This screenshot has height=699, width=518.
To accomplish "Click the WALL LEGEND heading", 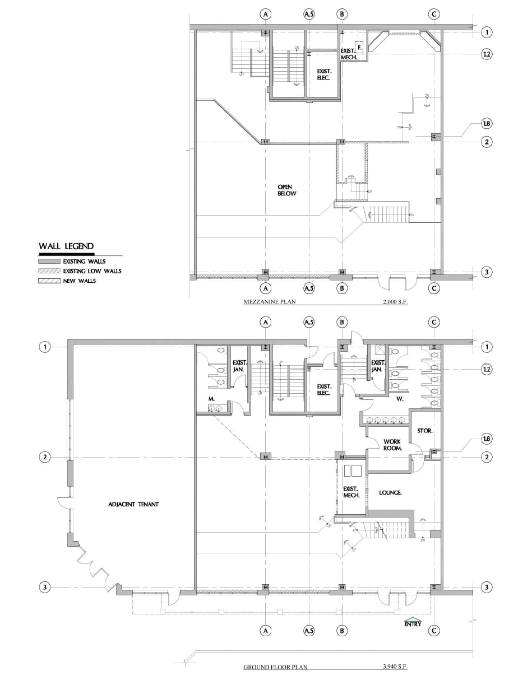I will coord(66,246).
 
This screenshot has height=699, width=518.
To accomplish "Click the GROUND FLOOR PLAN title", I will coord(275,667).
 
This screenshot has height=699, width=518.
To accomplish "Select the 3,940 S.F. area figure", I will coord(394,667).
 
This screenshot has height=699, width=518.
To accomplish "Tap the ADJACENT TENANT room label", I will coord(133,504).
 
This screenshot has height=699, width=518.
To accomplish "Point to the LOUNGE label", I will coord(391,493).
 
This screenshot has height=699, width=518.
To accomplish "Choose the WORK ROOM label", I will coord(392,445).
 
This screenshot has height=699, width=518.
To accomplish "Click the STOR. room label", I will coord(424,431).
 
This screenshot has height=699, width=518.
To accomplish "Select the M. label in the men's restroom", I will coord(212,399).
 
